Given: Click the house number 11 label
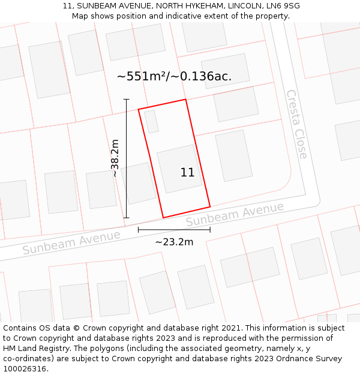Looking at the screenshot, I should pos(187,173).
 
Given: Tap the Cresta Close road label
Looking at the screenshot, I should pos(296,124).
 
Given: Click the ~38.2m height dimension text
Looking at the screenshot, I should pos(115,158).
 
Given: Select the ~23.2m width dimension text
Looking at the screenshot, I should pos(174,242).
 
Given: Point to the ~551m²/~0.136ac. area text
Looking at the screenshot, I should pos(174,76).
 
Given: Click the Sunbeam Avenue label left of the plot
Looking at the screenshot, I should pos(71,242).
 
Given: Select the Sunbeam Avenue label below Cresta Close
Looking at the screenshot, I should pos(235,214).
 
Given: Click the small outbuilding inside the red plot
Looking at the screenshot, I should pos(151,121).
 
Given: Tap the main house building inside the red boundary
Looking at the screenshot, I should pos(179,169).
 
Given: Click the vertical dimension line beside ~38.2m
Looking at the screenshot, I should pos(127,158).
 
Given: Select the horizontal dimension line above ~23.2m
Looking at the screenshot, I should pos(174,229).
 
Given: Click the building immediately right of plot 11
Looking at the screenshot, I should pos(233,155).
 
